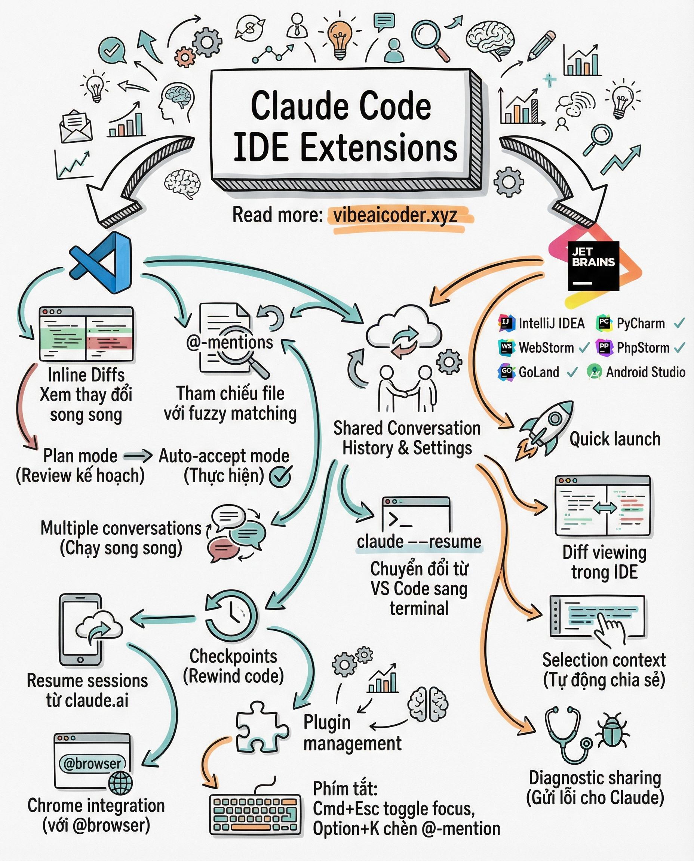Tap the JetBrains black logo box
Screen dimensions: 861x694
(593, 266)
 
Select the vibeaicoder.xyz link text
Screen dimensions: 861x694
(395, 215)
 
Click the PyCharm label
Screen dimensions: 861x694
(641, 323)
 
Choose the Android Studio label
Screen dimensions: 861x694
(646, 372)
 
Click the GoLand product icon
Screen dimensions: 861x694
(507, 372)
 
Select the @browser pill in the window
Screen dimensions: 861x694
(92, 763)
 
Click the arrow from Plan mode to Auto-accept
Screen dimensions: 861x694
(138, 456)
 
